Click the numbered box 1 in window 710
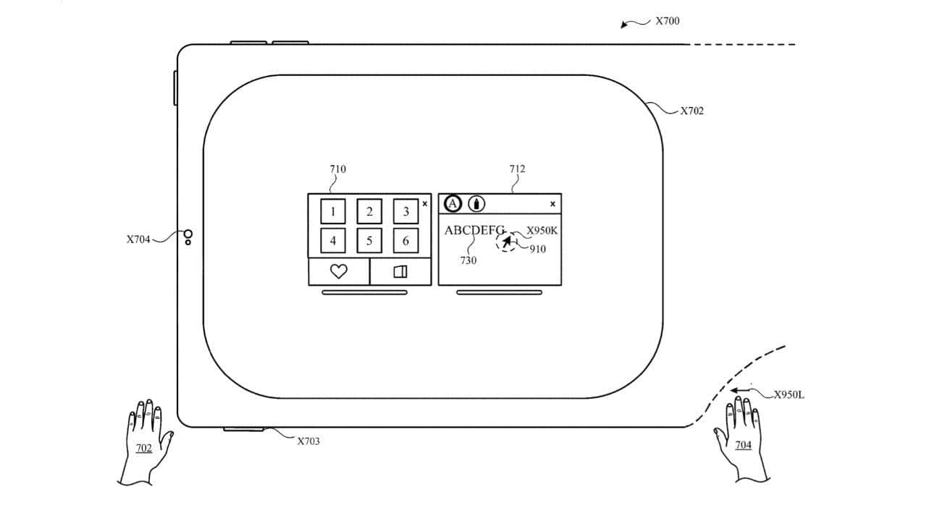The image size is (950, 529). [x=333, y=211]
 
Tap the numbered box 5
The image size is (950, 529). [x=369, y=241]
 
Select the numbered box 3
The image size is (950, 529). [x=405, y=211]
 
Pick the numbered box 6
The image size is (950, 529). [x=405, y=241]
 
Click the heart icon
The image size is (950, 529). [x=339, y=271]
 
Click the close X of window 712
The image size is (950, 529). [x=552, y=204]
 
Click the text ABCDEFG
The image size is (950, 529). [x=474, y=230]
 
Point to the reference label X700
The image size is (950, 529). [x=667, y=21]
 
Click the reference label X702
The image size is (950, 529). [x=692, y=111]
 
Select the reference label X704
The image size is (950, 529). [x=138, y=240]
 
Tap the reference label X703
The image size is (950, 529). [x=308, y=441]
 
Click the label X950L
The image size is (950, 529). [x=789, y=394]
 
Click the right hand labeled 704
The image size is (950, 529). [x=741, y=440]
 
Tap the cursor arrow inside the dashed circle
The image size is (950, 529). [x=507, y=241]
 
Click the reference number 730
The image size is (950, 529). [x=468, y=260]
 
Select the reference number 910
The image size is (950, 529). [x=537, y=249]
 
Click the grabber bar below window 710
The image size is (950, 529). [x=364, y=292]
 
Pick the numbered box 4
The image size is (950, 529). [x=333, y=241]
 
